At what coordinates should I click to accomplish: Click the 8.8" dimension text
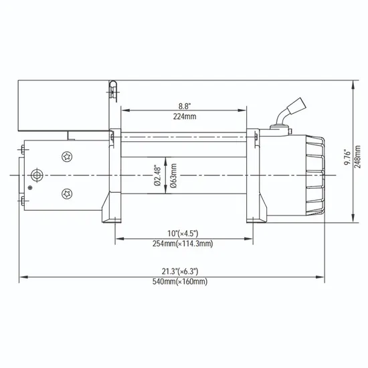(x=183, y=106)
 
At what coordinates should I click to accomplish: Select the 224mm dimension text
(x=183, y=116)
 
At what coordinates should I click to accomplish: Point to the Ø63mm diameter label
(x=173, y=176)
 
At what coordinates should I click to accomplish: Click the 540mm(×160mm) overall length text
(x=179, y=282)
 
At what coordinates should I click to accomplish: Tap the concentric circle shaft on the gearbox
(x=37, y=175)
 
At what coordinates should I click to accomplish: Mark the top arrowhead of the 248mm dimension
(x=353, y=84)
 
